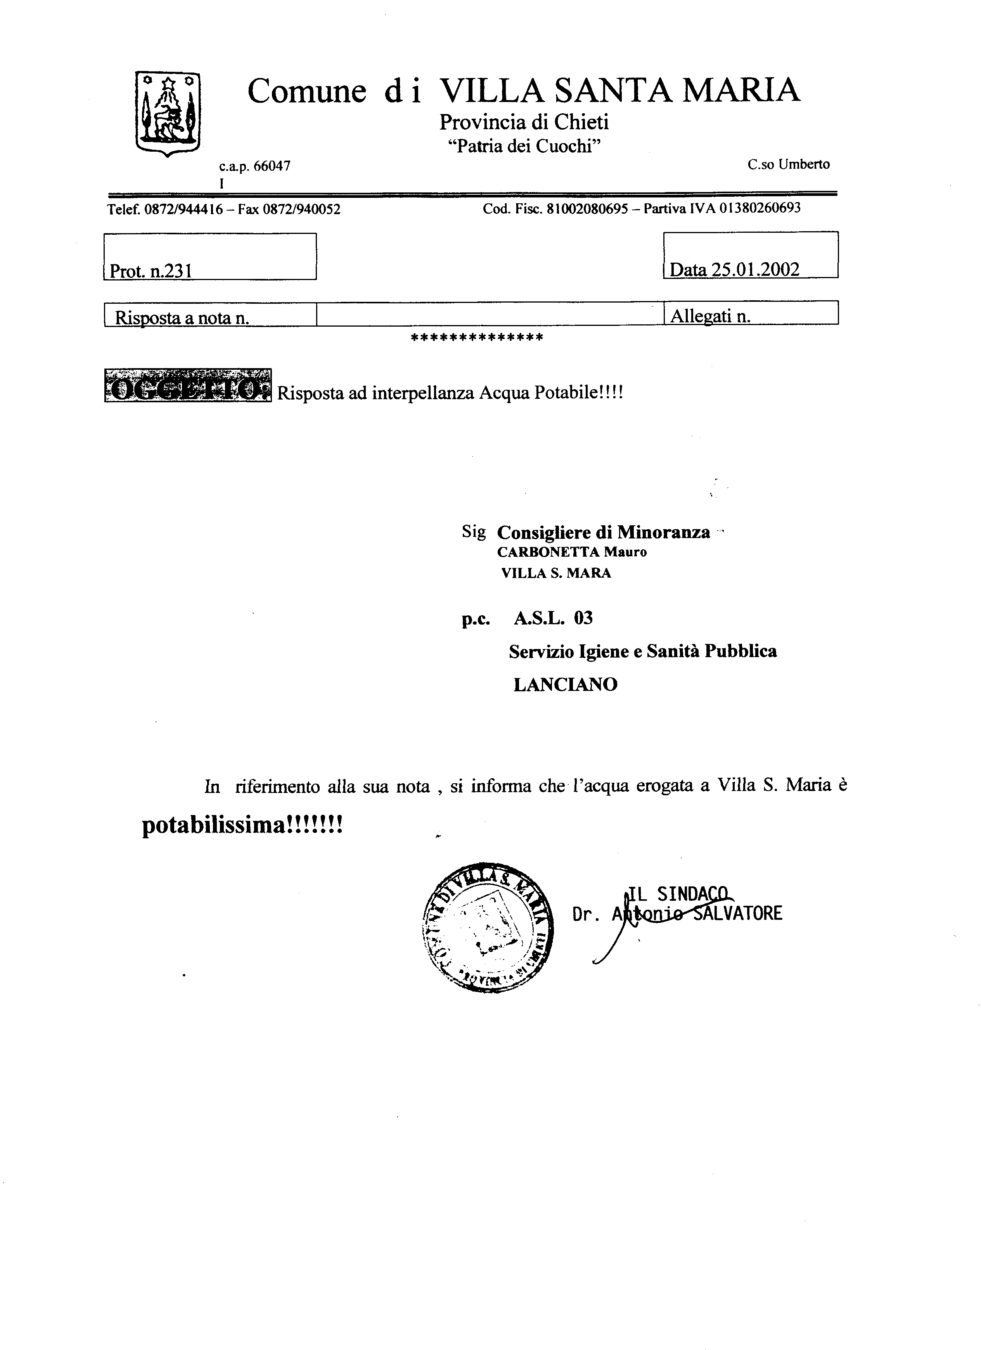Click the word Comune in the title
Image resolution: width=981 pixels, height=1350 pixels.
(306, 91)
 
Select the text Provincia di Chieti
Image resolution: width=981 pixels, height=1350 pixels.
(524, 122)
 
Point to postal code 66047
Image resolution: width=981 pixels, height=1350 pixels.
(272, 166)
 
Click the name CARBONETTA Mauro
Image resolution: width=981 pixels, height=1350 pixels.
(571, 552)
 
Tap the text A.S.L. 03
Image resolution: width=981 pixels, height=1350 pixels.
(553, 618)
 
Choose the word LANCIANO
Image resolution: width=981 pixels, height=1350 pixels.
(565, 685)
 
